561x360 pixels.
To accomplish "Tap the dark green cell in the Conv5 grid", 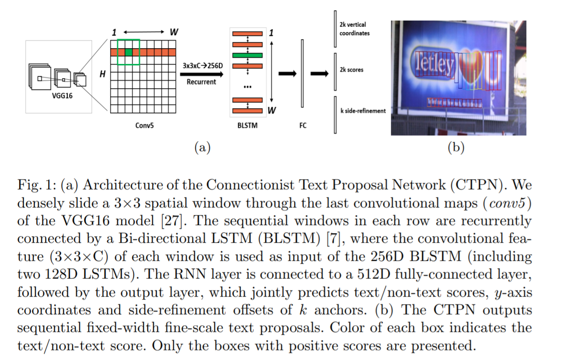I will coord(128,52).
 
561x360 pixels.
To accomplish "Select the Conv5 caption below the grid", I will coord(143,126).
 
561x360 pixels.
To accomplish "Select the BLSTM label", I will coord(247,126).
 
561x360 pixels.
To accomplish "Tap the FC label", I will coord(303,126).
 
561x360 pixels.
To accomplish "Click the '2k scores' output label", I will coord(351,70).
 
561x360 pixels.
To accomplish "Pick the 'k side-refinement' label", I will coord(362,111).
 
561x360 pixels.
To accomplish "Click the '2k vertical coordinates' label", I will coord(355,29).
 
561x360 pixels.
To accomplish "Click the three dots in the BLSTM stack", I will coord(247,87).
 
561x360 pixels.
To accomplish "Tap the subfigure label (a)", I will coord(202,148).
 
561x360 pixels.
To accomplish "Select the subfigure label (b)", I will coord(456,148).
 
